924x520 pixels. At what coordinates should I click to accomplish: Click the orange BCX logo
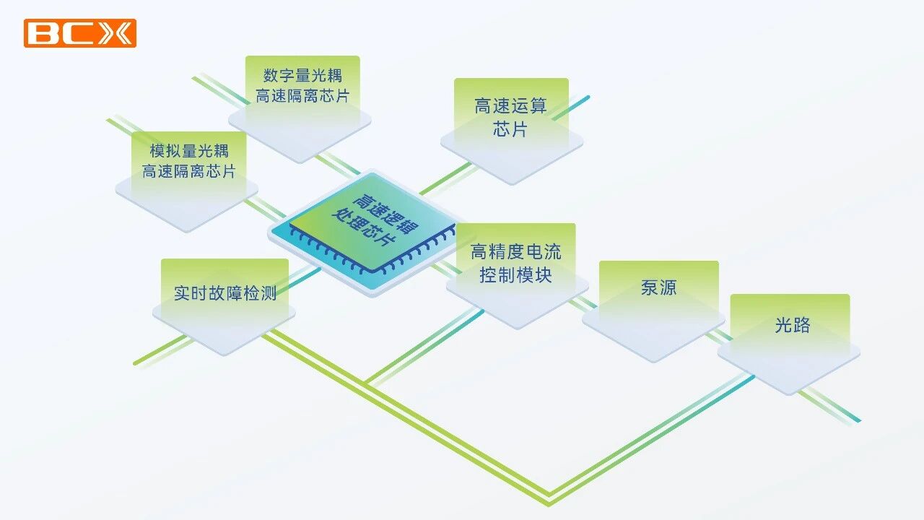coord(80,33)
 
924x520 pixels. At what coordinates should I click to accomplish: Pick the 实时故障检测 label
coord(225,293)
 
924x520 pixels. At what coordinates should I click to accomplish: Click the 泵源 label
coord(659,287)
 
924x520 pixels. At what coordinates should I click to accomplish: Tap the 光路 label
coord(793,325)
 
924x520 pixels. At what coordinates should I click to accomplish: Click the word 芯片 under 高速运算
coord(510,129)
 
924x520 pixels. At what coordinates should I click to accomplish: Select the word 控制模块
coord(515,275)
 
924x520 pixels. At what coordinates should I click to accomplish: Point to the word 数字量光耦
coord(302,76)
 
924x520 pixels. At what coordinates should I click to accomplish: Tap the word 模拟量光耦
coord(189,151)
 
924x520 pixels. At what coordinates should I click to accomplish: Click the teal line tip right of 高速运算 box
coord(588,98)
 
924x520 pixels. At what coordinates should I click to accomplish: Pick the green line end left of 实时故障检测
coord(136,363)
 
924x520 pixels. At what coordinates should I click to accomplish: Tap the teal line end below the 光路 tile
coord(858,420)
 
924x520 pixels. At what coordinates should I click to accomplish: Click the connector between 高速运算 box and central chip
coord(445,178)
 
